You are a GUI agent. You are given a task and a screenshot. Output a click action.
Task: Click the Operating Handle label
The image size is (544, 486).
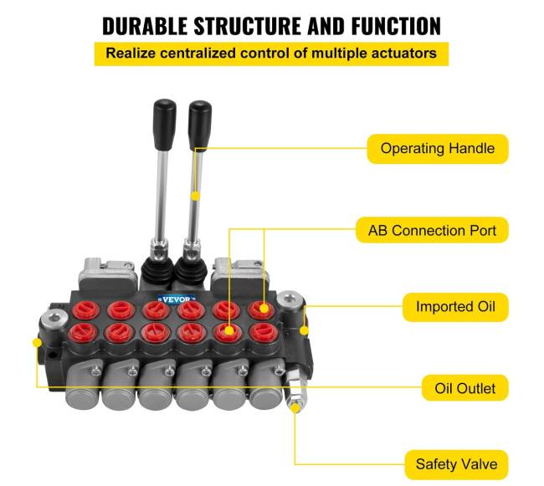438,148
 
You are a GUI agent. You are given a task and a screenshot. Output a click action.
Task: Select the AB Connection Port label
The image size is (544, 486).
432,230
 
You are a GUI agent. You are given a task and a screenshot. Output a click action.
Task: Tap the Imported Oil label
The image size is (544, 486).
455,307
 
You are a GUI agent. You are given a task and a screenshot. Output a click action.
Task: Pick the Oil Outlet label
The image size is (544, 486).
464,388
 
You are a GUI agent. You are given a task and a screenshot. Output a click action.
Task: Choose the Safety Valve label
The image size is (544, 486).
456,464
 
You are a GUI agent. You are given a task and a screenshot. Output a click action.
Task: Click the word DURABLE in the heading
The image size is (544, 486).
145,26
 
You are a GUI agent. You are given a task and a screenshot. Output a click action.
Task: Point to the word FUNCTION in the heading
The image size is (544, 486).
396,26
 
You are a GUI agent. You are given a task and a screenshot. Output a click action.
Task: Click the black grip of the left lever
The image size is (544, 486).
165,124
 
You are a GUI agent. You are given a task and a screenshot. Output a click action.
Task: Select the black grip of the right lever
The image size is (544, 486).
200,125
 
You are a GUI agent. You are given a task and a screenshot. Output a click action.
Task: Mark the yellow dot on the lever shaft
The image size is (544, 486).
196,197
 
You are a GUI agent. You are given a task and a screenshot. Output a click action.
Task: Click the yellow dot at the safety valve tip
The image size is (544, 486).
295,408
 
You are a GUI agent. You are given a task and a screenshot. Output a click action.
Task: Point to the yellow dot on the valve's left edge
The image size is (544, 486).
37,343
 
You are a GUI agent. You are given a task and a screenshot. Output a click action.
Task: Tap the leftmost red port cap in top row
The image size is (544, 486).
85,310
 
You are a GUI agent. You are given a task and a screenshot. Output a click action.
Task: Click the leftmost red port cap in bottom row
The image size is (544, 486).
82,332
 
